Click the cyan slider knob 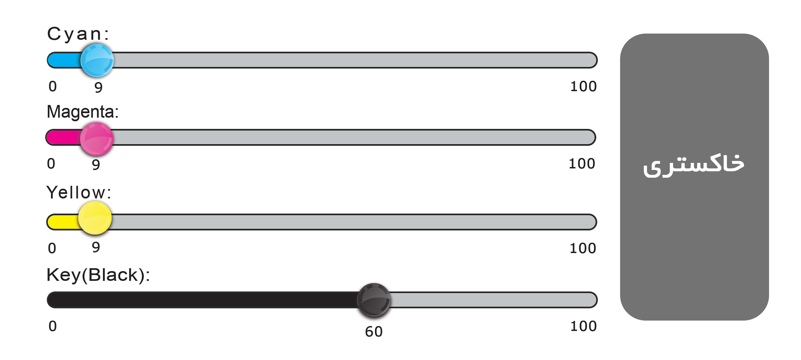(97, 60)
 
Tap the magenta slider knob (96, 139)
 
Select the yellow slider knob (95, 218)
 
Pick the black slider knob (374, 300)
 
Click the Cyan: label (78, 34)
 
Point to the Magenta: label (83, 112)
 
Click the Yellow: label (79, 192)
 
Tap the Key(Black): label (98, 275)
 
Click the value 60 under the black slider (374, 332)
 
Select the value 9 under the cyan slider (98, 88)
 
